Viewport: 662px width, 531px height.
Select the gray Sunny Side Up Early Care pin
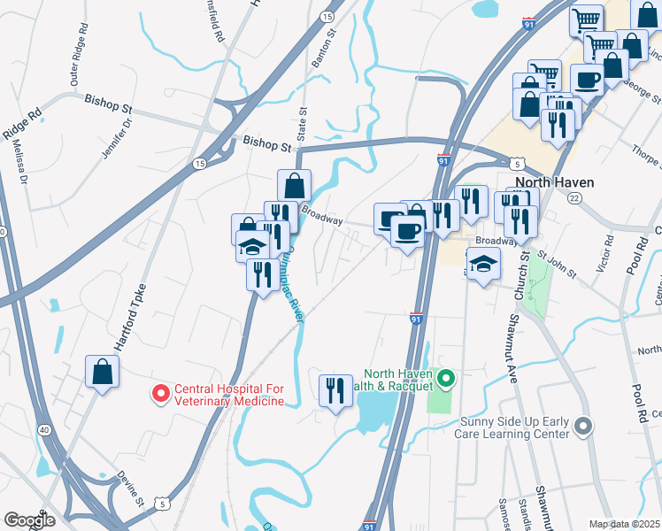click(581, 427)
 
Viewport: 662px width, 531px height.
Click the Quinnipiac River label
click(289, 284)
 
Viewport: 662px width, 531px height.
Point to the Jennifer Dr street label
click(117, 138)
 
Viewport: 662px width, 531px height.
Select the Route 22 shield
click(573, 199)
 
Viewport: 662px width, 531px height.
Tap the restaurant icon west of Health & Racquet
click(335, 390)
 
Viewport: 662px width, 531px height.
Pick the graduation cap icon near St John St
click(483, 264)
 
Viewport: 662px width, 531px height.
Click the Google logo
click(29, 520)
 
